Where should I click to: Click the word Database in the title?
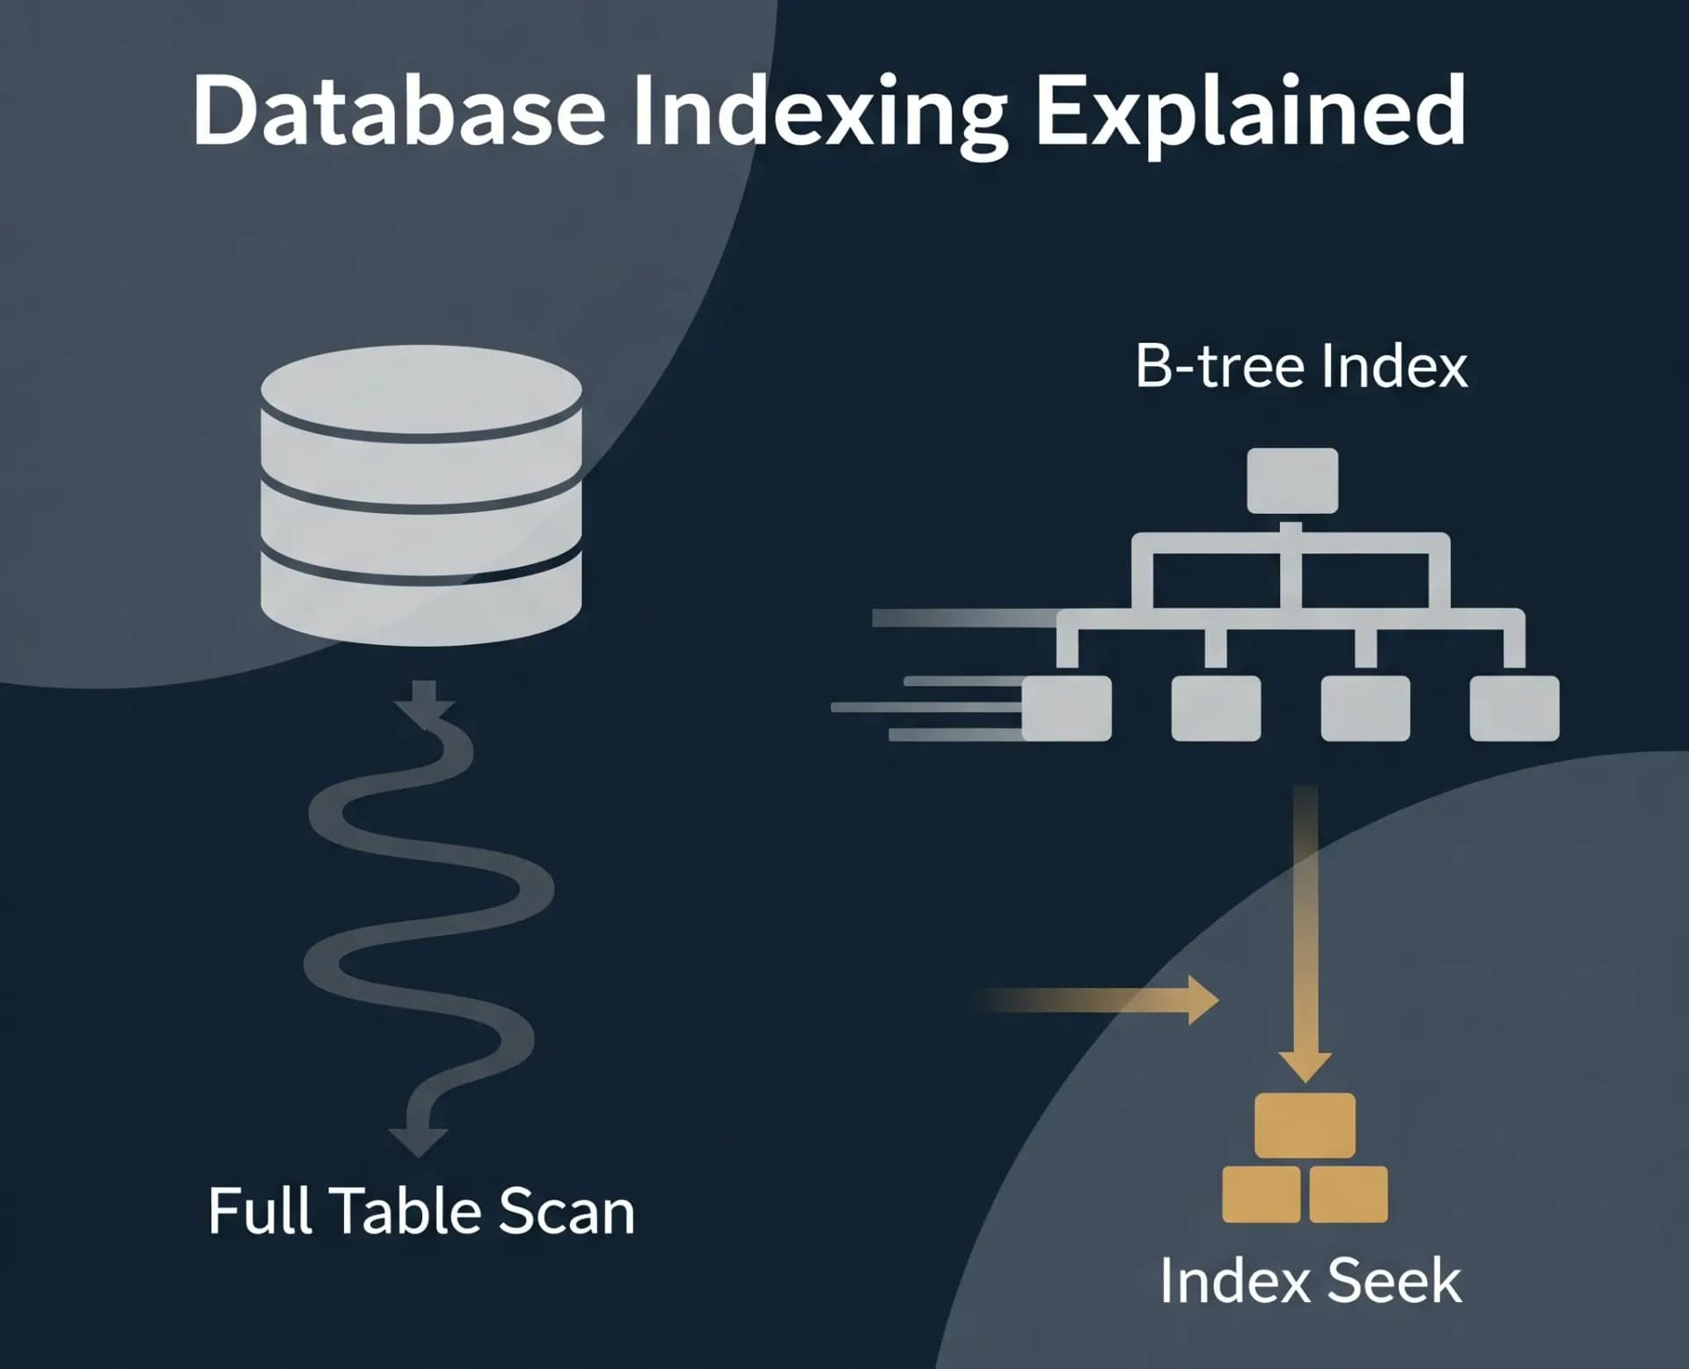(x=398, y=113)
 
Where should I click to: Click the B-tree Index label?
(x=1301, y=366)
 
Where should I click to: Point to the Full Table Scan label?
(x=421, y=1212)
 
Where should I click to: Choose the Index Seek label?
(x=1310, y=1281)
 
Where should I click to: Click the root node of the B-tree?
(x=1292, y=480)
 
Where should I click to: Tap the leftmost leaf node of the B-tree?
(x=1067, y=708)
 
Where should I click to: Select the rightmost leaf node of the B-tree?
(x=1514, y=708)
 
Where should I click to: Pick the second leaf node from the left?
(x=1216, y=708)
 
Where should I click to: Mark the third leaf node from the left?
(x=1365, y=708)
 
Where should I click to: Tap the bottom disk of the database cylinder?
(x=421, y=598)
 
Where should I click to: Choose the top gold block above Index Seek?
(x=1305, y=1124)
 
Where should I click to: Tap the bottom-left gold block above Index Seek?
(x=1261, y=1194)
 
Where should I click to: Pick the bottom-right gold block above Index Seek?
(x=1349, y=1194)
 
